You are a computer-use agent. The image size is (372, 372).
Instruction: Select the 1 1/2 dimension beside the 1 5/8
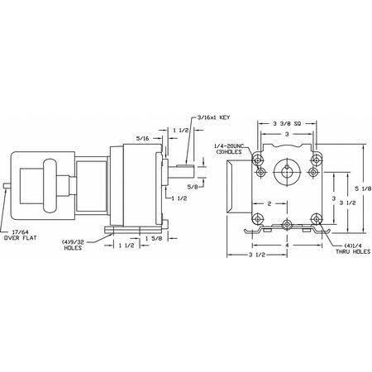[x=126, y=246]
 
